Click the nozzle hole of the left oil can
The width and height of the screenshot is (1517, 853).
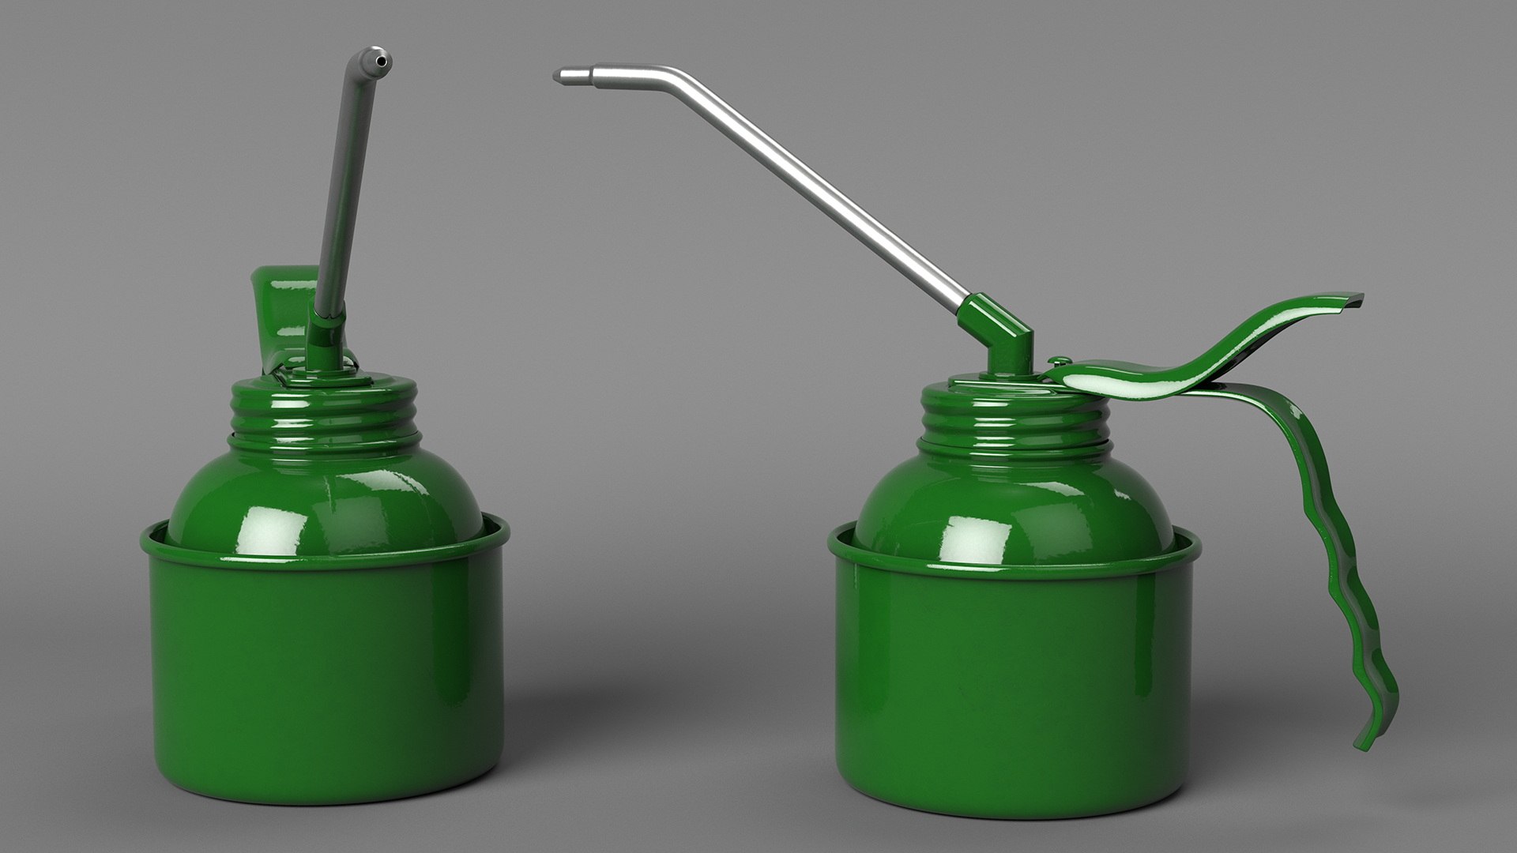pos(382,60)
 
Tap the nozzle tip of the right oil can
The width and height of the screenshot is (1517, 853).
pos(559,76)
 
